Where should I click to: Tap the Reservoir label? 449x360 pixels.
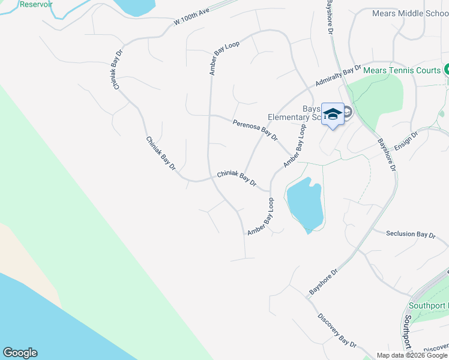pos(36,4)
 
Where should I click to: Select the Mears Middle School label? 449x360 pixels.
pos(410,13)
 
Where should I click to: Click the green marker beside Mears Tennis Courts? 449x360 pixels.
pos(446,70)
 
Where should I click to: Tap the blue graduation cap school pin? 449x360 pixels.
pos(333,114)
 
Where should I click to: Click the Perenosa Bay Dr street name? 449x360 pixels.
pos(255,130)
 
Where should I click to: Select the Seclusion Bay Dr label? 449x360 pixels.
pos(411,235)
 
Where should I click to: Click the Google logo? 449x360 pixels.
pos(20,353)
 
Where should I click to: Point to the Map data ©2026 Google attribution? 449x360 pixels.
pos(412,355)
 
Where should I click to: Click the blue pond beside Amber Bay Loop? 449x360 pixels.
pos(306,204)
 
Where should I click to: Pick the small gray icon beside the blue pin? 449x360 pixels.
pos(348,112)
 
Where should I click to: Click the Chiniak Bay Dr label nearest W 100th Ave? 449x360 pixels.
pos(118,70)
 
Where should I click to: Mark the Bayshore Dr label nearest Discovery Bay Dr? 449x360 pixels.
pos(324,281)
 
